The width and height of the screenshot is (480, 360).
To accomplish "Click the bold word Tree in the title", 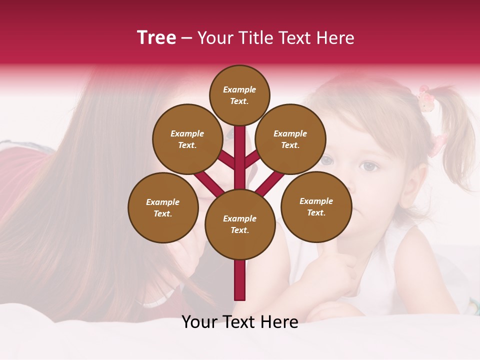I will click(156, 38).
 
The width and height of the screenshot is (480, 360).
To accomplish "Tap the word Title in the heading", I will click(255, 38).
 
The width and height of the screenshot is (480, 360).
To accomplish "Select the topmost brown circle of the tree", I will click(239, 95).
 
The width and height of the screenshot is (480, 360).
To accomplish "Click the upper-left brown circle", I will click(187, 139).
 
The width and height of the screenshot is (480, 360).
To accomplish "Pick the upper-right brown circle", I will click(290, 139).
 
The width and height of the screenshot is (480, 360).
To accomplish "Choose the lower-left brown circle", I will click(163, 207).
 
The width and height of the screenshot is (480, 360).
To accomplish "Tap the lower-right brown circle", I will click(316, 206).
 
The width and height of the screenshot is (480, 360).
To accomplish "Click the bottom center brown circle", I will click(240, 224).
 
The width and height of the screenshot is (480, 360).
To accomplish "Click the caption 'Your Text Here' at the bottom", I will click(240, 322).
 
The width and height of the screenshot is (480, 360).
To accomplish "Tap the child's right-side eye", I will click(369, 166).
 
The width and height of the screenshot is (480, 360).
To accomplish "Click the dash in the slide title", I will click(187, 38).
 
